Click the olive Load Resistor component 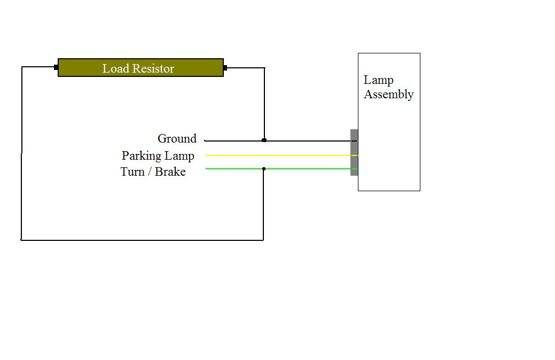[x=140, y=68]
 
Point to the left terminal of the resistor [x=56, y=67]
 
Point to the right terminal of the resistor [x=225, y=68]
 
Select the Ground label [x=177, y=139]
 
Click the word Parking [x=142, y=156]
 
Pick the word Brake [x=170, y=171]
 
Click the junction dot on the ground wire [x=264, y=140]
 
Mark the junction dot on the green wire [x=264, y=169]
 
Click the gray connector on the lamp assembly [x=354, y=152]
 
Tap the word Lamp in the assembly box [x=378, y=80]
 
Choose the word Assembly [x=388, y=95]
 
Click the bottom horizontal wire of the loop [x=142, y=240]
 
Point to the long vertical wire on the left [x=22, y=155]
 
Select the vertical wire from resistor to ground [x=264, y=104]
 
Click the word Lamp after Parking [x=179, y=156]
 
